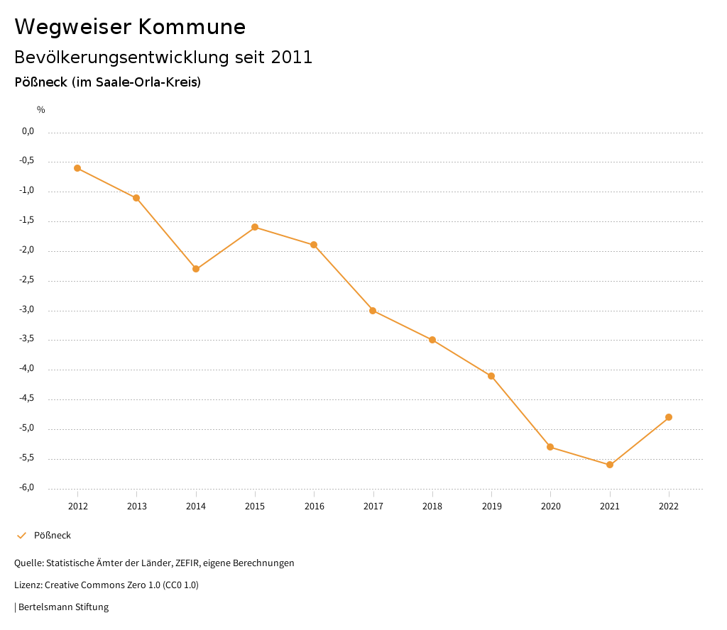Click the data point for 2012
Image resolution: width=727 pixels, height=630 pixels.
click(x=77, y=168)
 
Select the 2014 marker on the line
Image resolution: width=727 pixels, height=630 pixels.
click(x=196, y=269)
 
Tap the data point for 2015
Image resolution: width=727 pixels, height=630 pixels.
click(x=255, y=227)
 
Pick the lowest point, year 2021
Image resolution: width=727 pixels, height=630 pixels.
click(x=610, y=465)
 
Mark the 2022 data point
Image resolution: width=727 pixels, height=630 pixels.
click(x=669, y=417)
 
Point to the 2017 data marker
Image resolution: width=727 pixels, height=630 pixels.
click(x=373, y=311)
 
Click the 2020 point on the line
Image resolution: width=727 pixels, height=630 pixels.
click(x=550, y=447)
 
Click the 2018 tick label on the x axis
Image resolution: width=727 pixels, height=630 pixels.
click(x=432, y=506)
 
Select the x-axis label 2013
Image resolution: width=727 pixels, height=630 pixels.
click(x=137, y=506)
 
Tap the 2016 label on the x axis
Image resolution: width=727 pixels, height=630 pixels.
click(x=314, y=506)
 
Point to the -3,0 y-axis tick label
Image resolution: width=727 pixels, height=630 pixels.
click(x=27, y=309)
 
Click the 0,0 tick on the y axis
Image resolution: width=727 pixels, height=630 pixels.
click(x=28, y=131)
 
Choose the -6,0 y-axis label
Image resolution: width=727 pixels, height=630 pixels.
click(x=27, y=487)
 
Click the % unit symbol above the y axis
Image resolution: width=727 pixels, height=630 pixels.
click(x=41, y=110)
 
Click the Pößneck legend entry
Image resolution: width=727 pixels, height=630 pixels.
click(x=52, y=536)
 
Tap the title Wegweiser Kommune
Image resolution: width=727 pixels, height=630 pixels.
click(x=130, y=27)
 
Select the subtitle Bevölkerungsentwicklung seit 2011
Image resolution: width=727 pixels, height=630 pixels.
click(x=163, y=57)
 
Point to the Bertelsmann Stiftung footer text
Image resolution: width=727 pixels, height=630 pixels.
click(x=63, y=607)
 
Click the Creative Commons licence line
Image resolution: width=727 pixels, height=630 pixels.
click(x=106, y=585)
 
